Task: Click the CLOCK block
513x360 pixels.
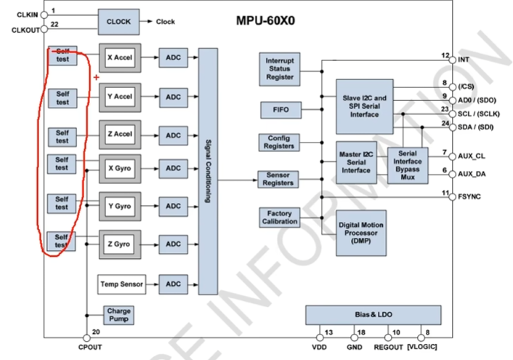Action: (118, 21)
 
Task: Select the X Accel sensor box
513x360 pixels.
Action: (119, 57)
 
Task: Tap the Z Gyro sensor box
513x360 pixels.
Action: (119, 244)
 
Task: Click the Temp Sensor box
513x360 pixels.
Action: (121, 284)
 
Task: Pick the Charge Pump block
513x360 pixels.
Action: (119, 316)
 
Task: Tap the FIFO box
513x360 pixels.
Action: (280, 110)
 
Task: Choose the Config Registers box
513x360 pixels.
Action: (279, 143)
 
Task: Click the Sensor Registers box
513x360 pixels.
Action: (279, 179)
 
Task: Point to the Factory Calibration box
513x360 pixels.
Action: (279, 217)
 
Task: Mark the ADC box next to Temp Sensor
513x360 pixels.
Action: (173, 284)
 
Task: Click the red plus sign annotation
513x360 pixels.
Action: (95, 76)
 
